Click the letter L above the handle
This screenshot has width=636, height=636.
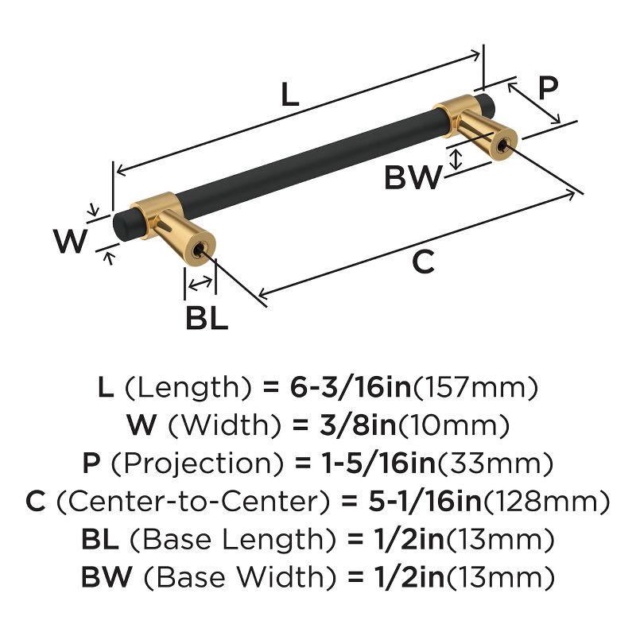tap(289, 94)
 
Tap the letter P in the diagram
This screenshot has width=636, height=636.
tap(549, 88)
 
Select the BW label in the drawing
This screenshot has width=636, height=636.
tap(413, 177)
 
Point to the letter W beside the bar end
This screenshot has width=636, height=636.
tap(70, 241)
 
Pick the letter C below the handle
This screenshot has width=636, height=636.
tap(423, 262)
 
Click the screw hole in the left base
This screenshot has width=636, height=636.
tap(199, 251)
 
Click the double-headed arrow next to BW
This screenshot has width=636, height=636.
tap(456, 160)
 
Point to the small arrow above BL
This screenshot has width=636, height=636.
tap(200, 283)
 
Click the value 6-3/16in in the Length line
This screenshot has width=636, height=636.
tap(351, 387)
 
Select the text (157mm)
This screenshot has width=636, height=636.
tap(475, 388)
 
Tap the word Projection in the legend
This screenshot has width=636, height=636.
tap(197, 463)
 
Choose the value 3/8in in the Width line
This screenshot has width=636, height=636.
tap(357, 425)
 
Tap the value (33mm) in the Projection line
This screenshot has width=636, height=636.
tap(494, 463)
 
